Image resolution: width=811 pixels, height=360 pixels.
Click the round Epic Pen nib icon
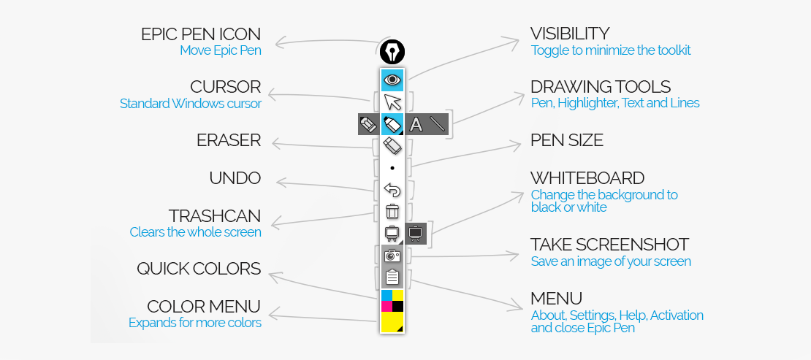(392, 53)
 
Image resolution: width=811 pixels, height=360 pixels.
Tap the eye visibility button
(392, 79)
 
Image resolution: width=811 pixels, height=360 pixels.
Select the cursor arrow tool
(392, 102)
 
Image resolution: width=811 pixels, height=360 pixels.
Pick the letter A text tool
(416, 124)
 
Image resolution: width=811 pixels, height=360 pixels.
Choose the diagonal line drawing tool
(437, 124)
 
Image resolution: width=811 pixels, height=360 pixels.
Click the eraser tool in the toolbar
(392, 146)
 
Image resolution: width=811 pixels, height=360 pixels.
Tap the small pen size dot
(392, 168)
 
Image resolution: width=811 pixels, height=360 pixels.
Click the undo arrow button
(392, 190)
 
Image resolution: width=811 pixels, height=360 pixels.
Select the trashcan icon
(392, 212)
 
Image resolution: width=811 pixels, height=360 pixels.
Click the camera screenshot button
(392, 255)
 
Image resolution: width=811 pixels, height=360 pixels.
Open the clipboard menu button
(392, 277)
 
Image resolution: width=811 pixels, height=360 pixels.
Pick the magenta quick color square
(387, 306)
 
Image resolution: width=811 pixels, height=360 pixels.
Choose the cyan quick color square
(387, 295)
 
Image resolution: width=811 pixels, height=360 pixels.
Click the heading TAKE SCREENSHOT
(609, 245)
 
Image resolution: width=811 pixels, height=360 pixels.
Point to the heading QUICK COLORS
(199, 269)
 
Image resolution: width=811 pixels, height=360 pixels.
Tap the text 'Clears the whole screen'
(195, 232)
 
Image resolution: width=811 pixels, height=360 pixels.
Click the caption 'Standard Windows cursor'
(190, 104)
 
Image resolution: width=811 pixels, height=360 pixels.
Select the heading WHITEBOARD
(587, 178)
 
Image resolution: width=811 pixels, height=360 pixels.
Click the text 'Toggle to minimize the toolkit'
(611, 50)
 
